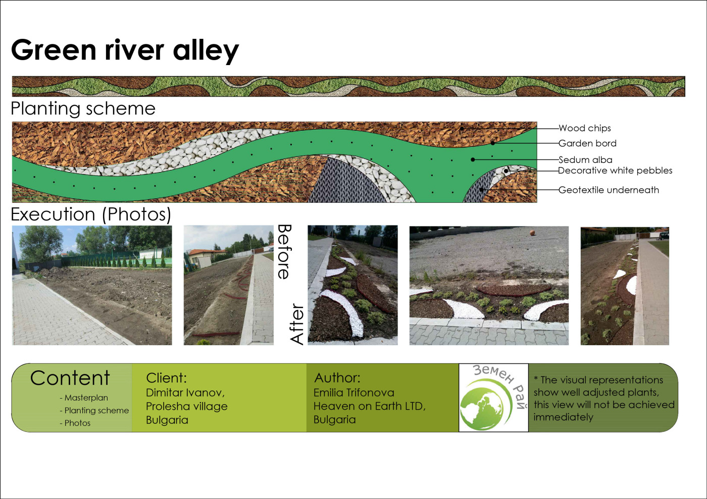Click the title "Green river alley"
[125, 50]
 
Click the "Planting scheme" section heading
[83, 109]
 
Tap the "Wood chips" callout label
[585, 128]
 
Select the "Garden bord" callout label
[587, 143]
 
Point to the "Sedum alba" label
[585, 159]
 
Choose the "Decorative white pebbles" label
[615, 171]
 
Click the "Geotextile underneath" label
[609, 190]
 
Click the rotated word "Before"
[284, 252]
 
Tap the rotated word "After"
[297, 324]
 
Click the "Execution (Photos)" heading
[91, 214]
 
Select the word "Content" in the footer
[70, 378]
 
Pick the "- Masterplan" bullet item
[84, 398]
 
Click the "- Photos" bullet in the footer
[75, 423]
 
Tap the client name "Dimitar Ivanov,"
[185, 393]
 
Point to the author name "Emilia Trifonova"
[354, 393]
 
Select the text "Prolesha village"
[186, 406]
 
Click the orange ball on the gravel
[532, 233]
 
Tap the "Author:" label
[337, 377]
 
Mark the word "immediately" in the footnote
[564, 417]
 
